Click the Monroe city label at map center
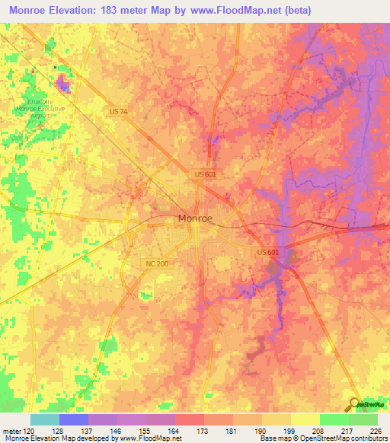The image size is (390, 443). click(x=195, y=218)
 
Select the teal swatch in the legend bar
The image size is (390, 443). click(x=45, y=419)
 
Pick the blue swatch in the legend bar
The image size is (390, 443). click(x=74, y=419)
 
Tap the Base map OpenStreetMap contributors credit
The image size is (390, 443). click(x=321, y=438)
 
